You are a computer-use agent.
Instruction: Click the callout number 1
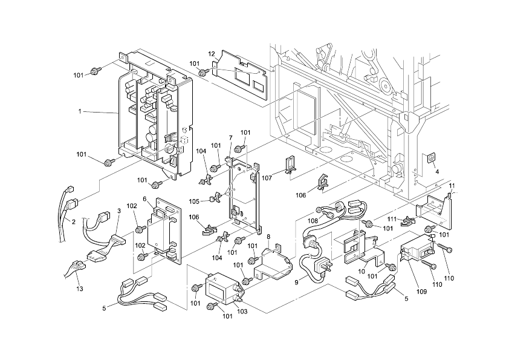click(x=80, y=111)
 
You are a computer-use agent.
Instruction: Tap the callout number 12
click(x=212, y=54)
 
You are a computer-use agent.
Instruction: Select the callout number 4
click(x=437, y=172)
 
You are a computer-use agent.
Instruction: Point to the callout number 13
click(x=80, y=289)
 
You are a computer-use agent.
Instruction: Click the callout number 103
click(x=242, y=312)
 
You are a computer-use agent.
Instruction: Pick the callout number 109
click(x=422, y=292)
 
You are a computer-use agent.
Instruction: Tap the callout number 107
click(x=267, y=178)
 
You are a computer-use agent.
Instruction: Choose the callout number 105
click(x=194, y=201)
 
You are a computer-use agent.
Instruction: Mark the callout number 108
click(x=313, y=221)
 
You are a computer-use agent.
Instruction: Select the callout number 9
click(x=296, y=283)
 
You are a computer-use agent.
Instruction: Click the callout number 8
click(x=268, y=237)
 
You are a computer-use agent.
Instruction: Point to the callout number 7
click(x=231, y=138)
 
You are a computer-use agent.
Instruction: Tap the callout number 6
click(x=144, y=199)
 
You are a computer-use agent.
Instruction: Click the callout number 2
click(x=74, y=222)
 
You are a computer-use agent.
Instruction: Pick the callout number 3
click(x=119, y=211)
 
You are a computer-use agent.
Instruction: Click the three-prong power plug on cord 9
click(x=323, y=266)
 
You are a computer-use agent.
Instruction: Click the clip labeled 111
click(x=407, y=221)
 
